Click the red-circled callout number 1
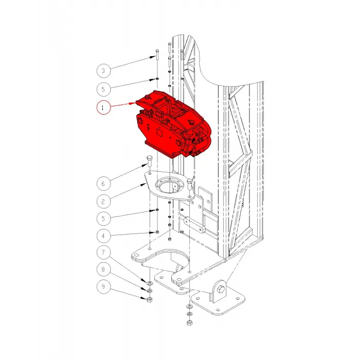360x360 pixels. coord(103,107)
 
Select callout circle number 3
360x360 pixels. coord(103,71)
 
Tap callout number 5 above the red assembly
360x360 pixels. coord(103,89)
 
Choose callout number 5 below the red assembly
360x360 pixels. coord(103,219)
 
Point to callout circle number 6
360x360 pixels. coord(103,184)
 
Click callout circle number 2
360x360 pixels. coord(103,202)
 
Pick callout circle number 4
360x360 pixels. coord(103,236)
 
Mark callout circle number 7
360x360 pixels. coord(103,253)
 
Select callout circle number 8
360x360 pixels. coord(103,269)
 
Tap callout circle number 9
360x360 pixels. coord(103,286)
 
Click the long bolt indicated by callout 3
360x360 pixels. coord(157,55)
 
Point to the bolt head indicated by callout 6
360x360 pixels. coord(150,158)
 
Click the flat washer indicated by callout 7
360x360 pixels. coord(150,282)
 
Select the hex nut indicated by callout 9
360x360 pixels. coord(150,299)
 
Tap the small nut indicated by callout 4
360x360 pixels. coord(157,232)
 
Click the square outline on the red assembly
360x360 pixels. coord(160,133)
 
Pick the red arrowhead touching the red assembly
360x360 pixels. coord(133,103)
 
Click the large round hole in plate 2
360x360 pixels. coord(169,187)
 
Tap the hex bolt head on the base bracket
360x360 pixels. coord(221,289)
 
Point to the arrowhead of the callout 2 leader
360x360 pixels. coord(144,184)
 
